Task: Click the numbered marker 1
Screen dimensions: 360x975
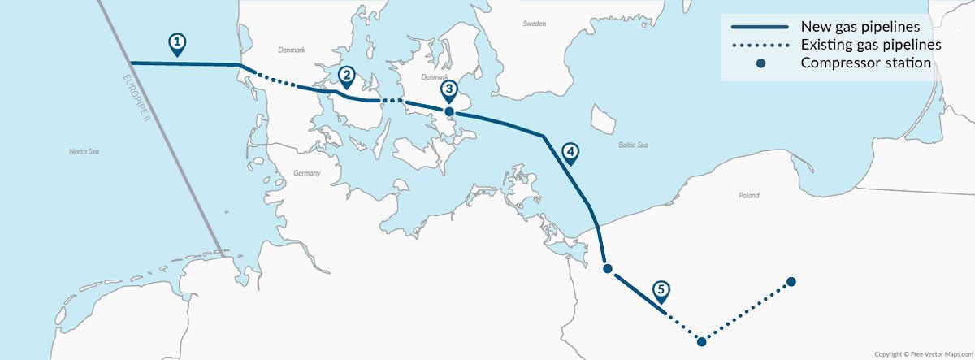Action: pos(177,43)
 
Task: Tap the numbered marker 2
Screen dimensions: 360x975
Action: pos(346,76)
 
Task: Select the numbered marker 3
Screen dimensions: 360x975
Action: pos(448,89)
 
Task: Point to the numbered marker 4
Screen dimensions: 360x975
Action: pos(570,152)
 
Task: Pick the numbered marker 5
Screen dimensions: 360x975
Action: pos(661,290)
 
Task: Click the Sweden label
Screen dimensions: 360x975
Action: pos(534,24)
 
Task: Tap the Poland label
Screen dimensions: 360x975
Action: pos(748,196)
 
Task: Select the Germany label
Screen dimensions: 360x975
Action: pos(307,173)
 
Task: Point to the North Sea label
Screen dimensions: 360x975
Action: pos(84,151)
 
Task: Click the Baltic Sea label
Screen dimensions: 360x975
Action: pos(633,145)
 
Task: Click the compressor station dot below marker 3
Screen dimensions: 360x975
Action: pos(448,111)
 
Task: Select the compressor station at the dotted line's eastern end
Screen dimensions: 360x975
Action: pos(791,282)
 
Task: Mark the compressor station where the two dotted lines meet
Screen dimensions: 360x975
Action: pos(701,341)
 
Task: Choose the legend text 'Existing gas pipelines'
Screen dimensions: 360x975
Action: pos(871,44)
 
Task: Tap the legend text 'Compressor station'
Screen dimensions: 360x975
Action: pos(865,63)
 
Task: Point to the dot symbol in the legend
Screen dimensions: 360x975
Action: pos(760,63)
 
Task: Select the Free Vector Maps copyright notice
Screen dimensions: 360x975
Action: pos(922,354)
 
